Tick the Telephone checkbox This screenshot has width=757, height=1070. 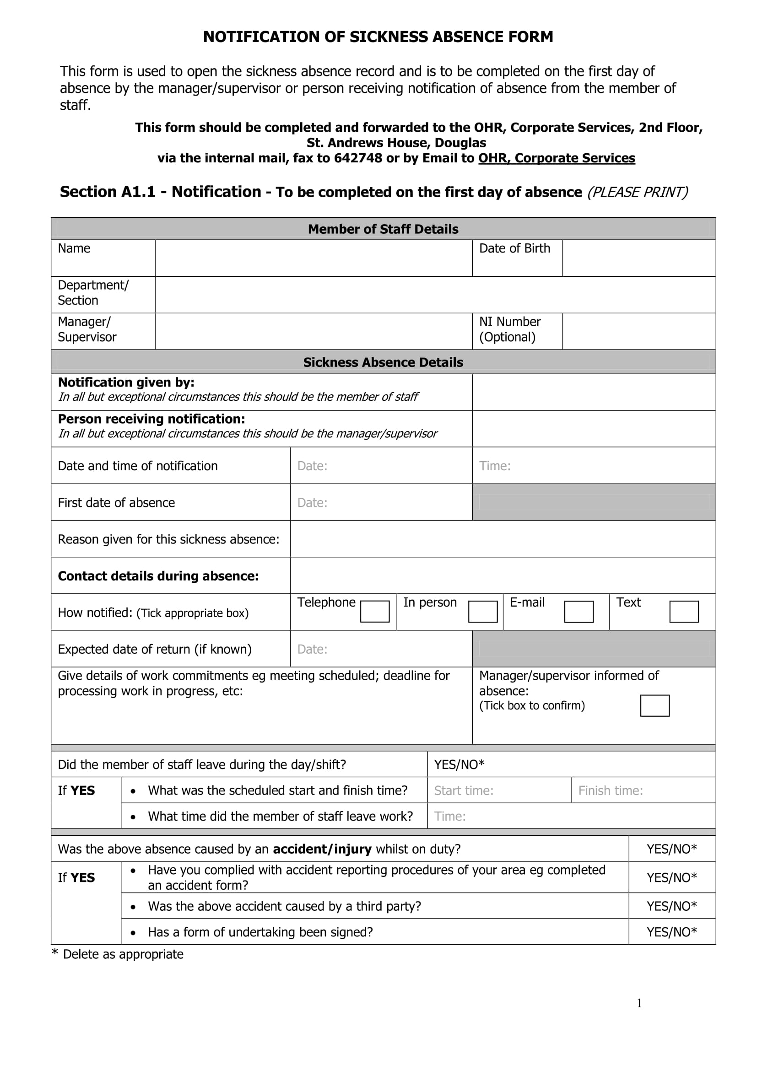pos(375,611)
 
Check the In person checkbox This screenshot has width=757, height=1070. pos(482,611)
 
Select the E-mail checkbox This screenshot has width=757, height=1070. pos(579,611)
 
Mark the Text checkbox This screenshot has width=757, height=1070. pos(684,611)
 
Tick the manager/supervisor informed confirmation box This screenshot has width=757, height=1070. pos(654,705)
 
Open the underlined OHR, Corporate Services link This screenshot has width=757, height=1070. pos(557,158)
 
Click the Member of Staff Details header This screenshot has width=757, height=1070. pos(383,229)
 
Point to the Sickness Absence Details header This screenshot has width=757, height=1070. pos(383,362)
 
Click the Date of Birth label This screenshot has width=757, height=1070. pos(514,248)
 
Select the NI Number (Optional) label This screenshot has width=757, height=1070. pos(510,329)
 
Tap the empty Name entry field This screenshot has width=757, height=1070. pos(314,258)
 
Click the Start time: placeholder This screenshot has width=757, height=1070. pos(464,790)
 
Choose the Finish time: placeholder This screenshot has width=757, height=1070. pos(611,790)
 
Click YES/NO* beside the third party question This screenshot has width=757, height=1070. pos(672,905)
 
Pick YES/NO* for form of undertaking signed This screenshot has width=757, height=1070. pos(672,931)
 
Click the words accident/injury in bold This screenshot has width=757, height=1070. pos(322,849)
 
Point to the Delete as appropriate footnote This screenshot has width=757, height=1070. pos(123,954)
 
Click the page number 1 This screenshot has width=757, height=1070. pos(639,1003)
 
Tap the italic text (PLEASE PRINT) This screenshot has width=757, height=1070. pos(637,192)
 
